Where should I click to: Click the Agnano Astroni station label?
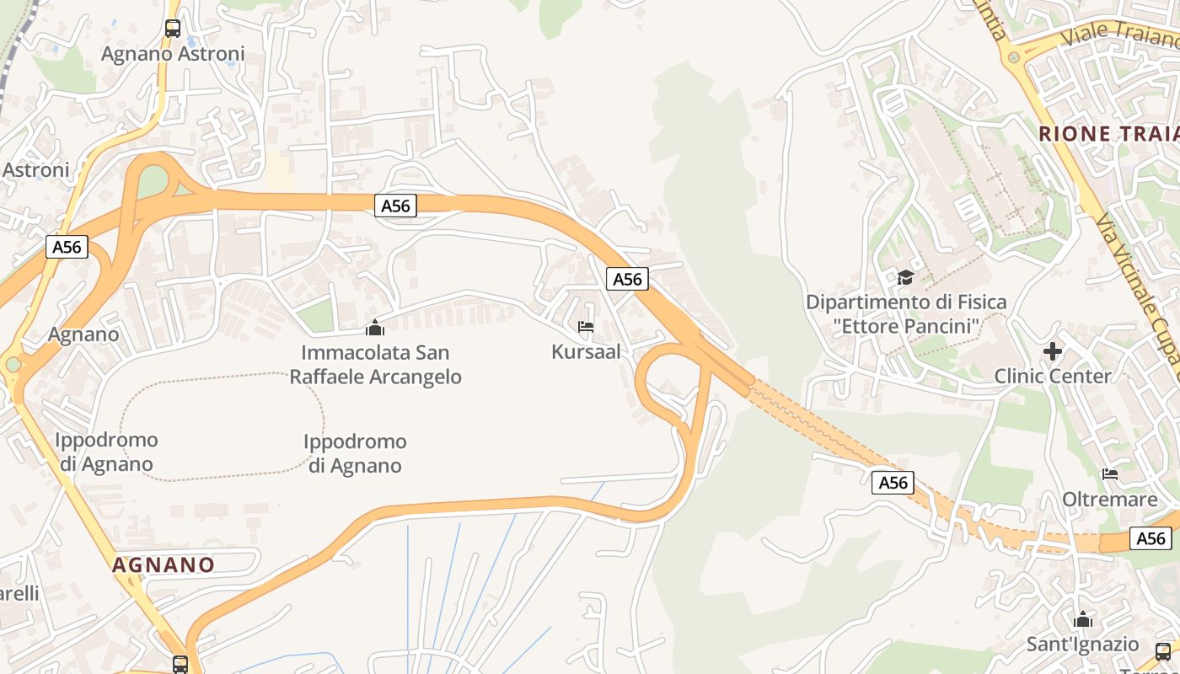(x=173, y=54)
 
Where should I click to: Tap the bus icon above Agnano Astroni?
(x=173, y=28)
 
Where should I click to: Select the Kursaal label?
(x=586, y=352)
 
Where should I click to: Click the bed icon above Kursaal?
(x=586, y=327)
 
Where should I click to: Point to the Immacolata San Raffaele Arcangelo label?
(x=375, y=364)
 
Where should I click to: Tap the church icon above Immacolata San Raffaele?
(x=375, y=328)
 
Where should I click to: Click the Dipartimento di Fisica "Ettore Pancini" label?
(x=906, y=313)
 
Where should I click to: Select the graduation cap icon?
(x=905, y=277)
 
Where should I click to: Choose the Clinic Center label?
(x=1053, y=376)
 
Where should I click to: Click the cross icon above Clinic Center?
(x=1053, y=350)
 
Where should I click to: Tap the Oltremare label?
(x=1109, y=500)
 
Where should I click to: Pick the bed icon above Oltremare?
(x=1109, y=474)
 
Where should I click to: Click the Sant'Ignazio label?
(x=1082, y=645)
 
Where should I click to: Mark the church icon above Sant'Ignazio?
(x=1083, y=621)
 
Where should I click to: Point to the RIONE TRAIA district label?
(x=1108, y=134)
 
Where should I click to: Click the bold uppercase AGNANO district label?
(x=164, y=564)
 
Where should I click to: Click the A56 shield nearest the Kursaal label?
(x=627, y=279)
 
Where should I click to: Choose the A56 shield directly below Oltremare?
(x=1150, y=538)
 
